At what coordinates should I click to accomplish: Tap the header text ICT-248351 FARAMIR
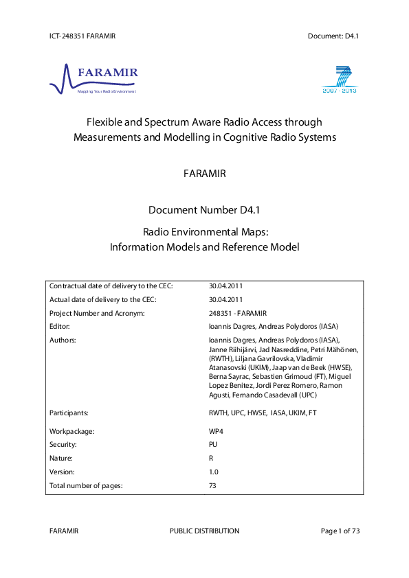82,35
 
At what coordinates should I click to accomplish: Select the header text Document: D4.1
334,35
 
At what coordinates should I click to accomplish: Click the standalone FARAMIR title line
204,174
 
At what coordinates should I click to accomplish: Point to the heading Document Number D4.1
204,211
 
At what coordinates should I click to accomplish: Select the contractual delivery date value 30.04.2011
225,286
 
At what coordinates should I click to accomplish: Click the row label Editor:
60,326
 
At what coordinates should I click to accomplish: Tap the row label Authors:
62,340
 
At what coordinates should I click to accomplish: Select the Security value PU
213,445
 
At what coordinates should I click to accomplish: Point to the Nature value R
211,459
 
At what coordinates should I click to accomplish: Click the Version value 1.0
213,472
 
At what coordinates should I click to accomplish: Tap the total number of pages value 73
212,486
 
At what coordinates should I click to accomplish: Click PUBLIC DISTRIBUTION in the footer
204,531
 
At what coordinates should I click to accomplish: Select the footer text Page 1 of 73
340,531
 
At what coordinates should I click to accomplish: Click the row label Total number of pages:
86,486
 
